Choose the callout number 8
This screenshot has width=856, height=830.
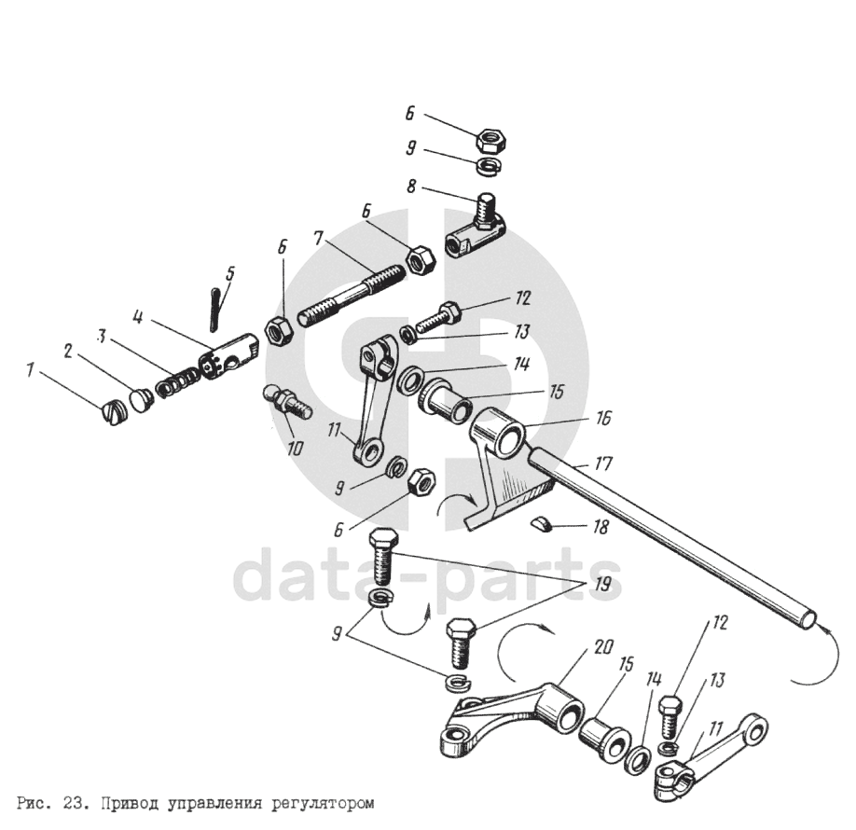tap(412, 186)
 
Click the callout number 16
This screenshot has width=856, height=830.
tap(602, 422)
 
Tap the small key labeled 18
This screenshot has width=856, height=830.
tap(541, 524)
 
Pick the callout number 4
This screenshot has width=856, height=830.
tap(137, 317)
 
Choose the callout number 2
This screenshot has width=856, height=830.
tap(68, 350)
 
